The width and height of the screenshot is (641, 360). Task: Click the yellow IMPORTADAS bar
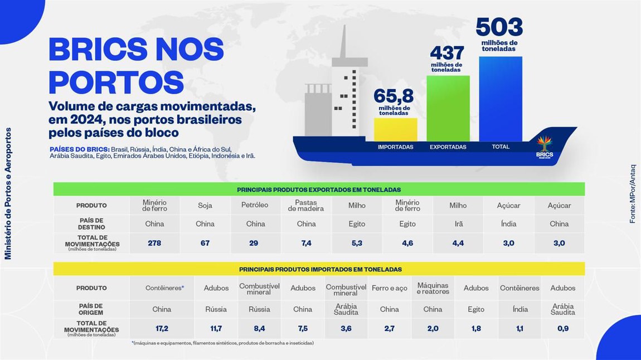395,129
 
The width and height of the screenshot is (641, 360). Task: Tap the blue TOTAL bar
500,98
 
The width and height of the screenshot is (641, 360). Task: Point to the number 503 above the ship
499,27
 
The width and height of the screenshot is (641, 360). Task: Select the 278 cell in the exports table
154,243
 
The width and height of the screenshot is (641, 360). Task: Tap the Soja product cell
205,205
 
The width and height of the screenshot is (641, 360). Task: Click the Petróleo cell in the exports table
255,205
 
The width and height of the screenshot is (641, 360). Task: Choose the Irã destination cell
458,224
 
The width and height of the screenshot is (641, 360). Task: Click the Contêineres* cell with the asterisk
164,288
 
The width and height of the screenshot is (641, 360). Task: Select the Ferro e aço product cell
389,288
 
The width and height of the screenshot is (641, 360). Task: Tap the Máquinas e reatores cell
433,288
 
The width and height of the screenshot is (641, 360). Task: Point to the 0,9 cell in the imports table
562,329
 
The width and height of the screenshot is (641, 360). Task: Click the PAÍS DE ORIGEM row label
91,309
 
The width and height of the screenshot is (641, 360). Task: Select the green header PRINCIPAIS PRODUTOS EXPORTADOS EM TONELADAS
319,189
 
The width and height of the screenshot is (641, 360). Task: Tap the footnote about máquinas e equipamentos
223,343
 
